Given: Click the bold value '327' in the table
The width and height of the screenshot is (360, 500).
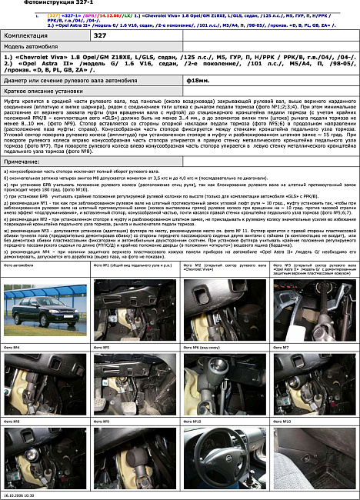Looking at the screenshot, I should click(x=100, y=35).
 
